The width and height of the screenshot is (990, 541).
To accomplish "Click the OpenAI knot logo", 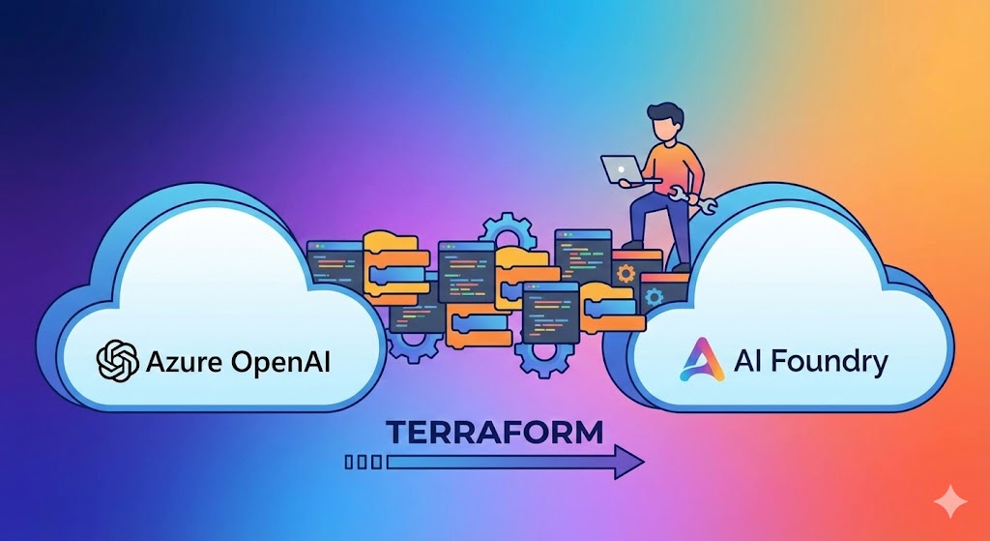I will point(118,361).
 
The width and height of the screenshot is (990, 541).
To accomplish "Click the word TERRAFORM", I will point(494,432).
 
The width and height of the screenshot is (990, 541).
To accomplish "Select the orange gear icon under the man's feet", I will point(626,273).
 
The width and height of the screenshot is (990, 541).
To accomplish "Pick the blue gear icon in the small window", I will point(654,296).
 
